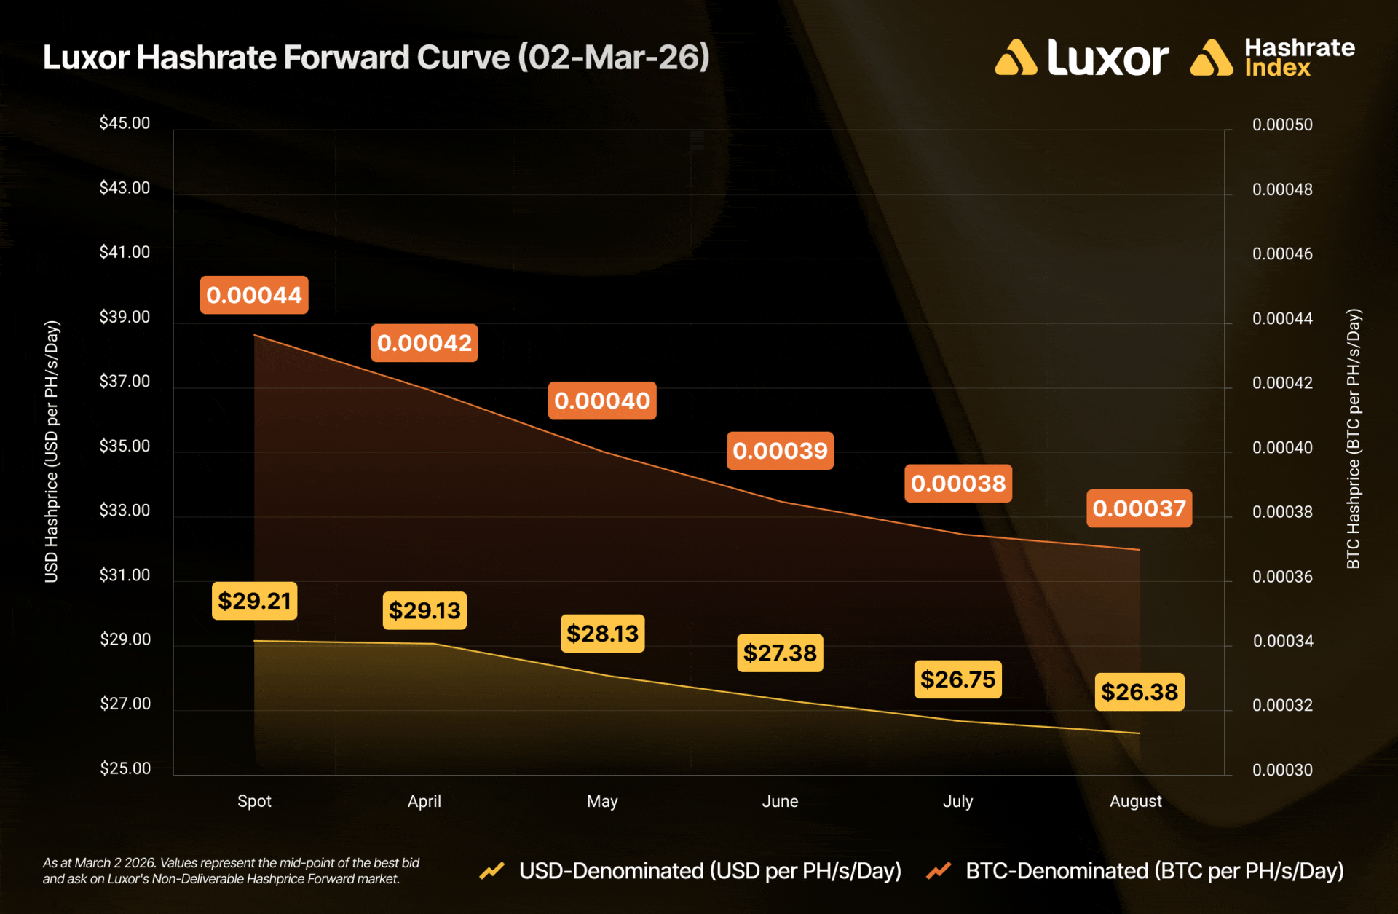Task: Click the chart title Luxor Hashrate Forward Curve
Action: tap(376, 58)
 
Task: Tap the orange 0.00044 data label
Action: tap(254, 295)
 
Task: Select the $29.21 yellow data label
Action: tap(254, 601)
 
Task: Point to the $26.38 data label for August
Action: tap(1140, 691)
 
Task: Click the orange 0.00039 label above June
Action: tap(780, 451)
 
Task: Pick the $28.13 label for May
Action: tap(602, 634)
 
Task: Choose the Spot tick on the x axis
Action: tap(254, 801)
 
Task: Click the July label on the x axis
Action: tap(957, 801)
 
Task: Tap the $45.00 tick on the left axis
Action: tap(125, 123)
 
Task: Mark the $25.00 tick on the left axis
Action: tap(125, 768)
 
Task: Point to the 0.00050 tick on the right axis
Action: tap(1282, 125)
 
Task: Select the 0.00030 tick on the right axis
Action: tap(1282, 770)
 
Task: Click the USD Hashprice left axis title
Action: tap(52, 452)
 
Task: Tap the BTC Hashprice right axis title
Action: tap(1353, 438)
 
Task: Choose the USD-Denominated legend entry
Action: tap(710, 871)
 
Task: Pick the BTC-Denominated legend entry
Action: tap(1154, 871)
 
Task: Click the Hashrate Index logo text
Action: tap(1299, 58)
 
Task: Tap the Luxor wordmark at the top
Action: tap(1107, 58)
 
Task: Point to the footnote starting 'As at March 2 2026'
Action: tap(231, 871)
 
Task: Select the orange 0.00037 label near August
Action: tap(1139, 508)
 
